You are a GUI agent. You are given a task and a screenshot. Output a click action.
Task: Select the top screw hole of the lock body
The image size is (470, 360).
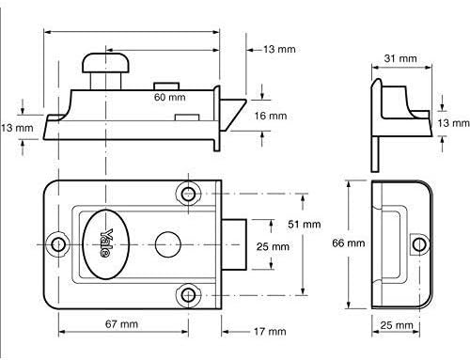pos(190,195)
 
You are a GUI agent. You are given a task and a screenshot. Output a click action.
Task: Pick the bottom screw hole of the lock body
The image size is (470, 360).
pos(190,296)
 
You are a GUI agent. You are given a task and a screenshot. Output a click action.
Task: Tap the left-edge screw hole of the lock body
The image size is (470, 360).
pos(59,244)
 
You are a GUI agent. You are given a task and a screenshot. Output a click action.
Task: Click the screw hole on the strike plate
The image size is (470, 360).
pos(415,244)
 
